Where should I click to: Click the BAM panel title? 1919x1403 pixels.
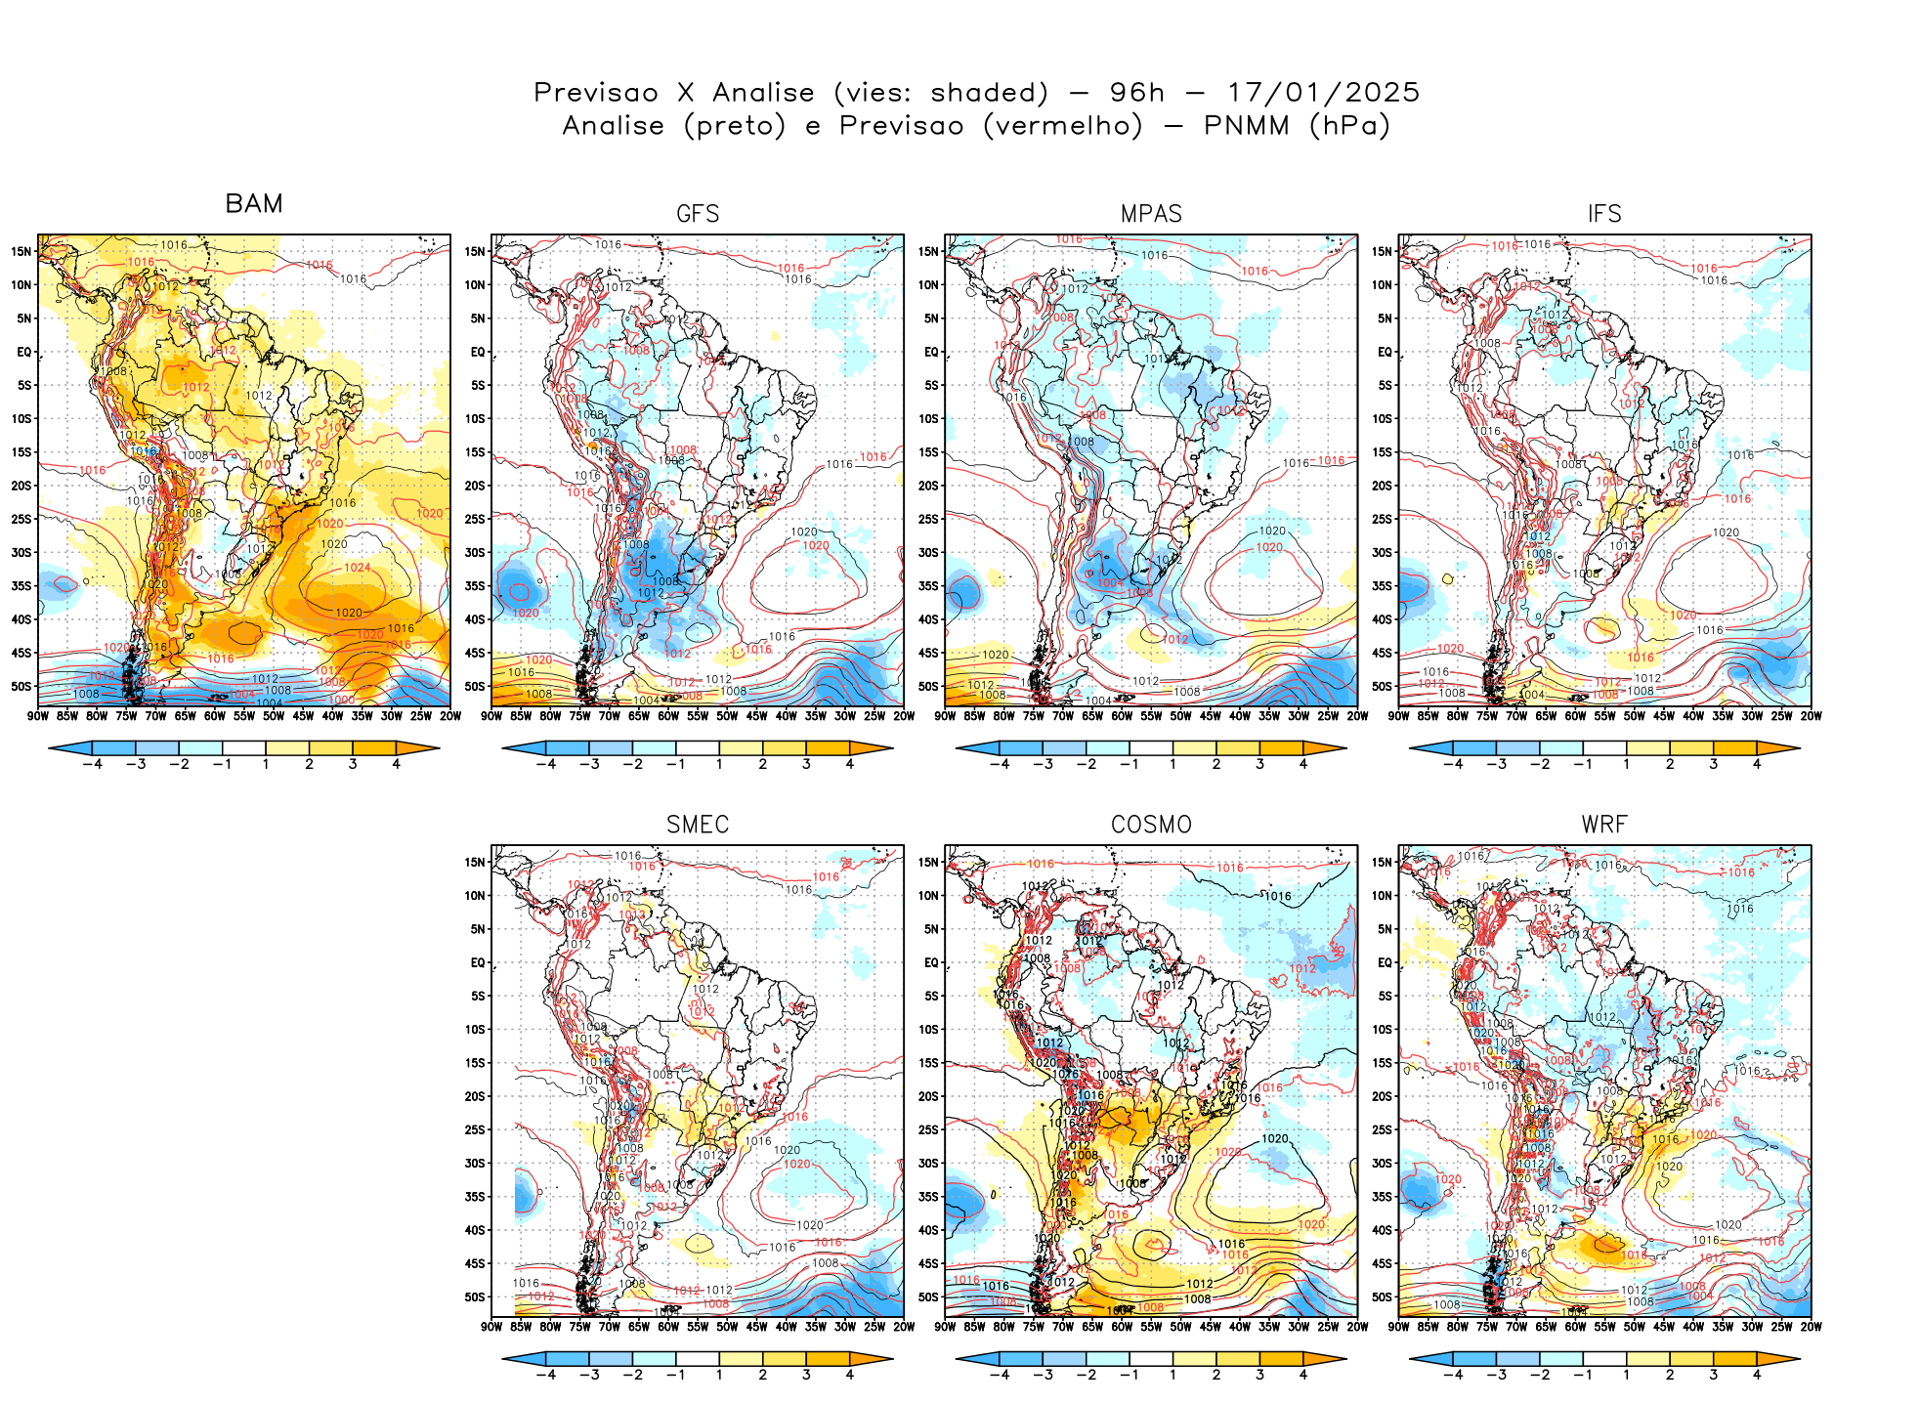[x=254, y=203]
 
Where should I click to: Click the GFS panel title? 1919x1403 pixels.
[x=698, y=214]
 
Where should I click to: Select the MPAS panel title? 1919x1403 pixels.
[x=1151, y=214]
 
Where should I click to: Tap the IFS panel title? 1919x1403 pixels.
[x=1604, y=214]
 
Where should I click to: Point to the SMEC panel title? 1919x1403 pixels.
[x=698, y=825]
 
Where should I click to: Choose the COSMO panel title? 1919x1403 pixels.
[x=1151, y=825]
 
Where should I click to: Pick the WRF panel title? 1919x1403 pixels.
[x=1604, y=825]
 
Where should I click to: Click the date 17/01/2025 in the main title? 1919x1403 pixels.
[x=1323, y=93]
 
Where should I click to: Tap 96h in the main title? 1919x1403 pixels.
[x=1137, y=93]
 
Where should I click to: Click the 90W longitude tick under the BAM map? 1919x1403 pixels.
[x=38, y=716]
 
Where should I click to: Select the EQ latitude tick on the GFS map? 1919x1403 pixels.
[x=478, y=352]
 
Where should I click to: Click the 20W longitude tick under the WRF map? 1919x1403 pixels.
[x=1811, y=1327]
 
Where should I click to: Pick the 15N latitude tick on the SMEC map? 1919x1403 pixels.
[x=475, y=862]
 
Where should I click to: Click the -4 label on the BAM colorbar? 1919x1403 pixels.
[x=92, y=764]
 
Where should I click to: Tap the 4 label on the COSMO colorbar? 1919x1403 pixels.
[x=1303, y=1375]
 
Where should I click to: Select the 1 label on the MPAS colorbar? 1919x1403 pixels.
[x=1173, y=764]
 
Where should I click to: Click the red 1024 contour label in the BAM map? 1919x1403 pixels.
[x=357, y=568]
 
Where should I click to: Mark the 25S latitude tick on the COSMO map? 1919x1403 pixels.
[x=928, y=1129]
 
